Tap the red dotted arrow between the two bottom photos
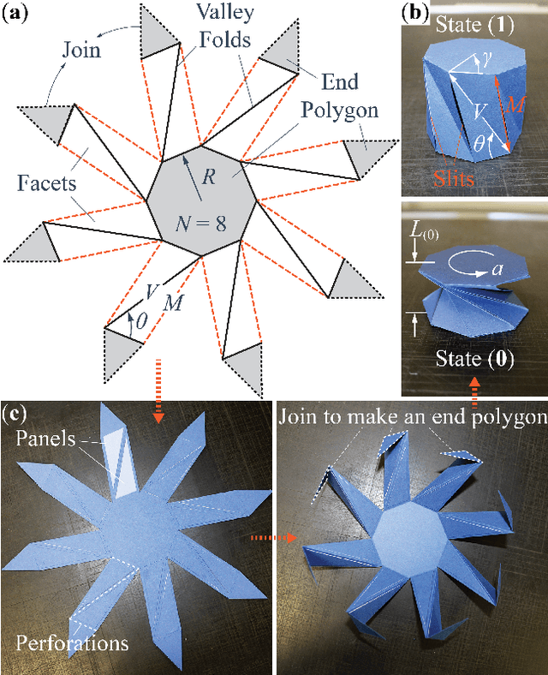(271, 538)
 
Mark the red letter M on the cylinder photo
(512, 105)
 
